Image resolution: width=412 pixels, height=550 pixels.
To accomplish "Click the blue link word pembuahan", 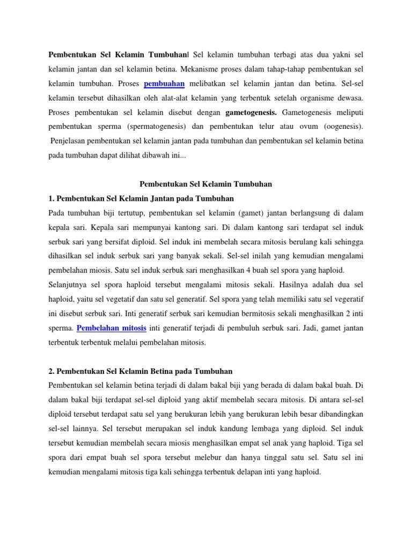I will coord(164,83).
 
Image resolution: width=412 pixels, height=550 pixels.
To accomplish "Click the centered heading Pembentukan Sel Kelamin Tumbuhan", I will coord(205,184).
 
